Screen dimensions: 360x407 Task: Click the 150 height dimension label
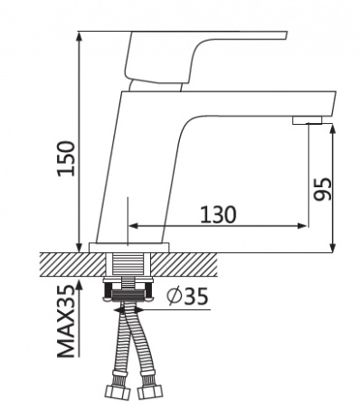66,158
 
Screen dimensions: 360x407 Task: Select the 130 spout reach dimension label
218,214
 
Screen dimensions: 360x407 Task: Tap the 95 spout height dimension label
322,189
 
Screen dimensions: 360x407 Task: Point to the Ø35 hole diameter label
187,296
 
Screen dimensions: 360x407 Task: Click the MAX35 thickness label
66,321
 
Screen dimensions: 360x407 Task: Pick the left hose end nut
118,393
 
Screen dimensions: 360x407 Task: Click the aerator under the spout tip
308,120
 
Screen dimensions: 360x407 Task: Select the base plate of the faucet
129,248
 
